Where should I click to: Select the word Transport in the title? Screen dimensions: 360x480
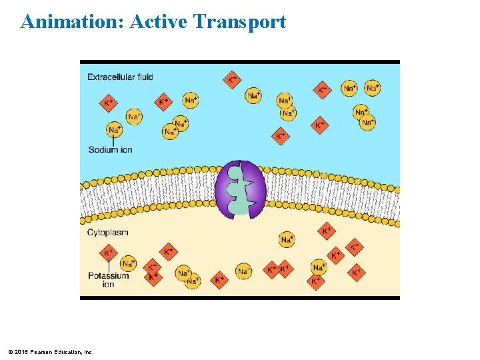tap(239, 22)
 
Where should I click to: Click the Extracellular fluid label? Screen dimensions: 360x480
tap(120, 77)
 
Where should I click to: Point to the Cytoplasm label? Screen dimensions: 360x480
tap(107, 233)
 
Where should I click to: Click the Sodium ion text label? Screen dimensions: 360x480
tap(111, 149)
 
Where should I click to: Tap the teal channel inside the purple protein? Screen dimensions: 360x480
tap(237, 190)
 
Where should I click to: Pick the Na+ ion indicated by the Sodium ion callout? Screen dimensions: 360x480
tap(115, 129)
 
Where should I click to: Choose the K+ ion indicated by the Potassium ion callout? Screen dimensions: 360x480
tap(108, 253)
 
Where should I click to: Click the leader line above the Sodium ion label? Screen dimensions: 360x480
tap(114, 141)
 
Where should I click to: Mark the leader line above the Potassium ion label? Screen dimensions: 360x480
tap(108, 265)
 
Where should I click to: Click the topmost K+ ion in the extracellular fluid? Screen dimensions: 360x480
tap(231, 80)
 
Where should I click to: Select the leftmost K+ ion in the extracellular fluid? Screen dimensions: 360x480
tap(108, 103)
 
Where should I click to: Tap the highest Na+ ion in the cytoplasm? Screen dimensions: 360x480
tap(287, 239)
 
